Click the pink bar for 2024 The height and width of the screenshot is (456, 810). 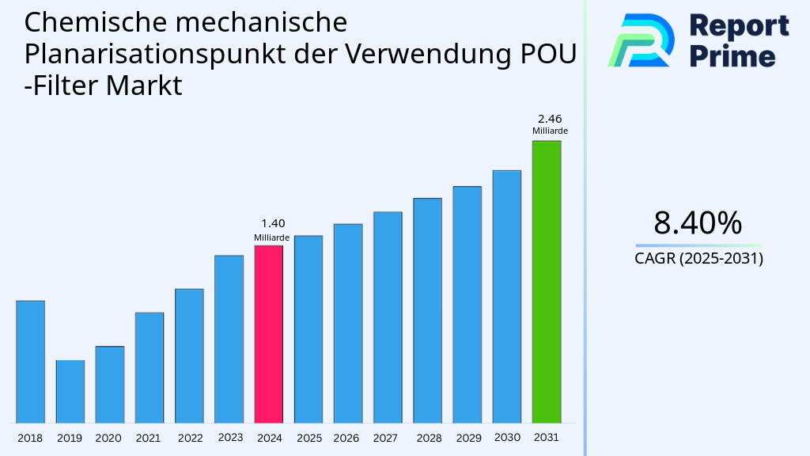click(268, 334)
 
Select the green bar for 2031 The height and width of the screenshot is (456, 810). click(546, 282)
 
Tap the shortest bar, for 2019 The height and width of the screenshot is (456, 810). click(70, 392)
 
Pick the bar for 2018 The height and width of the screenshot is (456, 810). click(30, 362)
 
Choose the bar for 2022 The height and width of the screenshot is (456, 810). click(189, 355)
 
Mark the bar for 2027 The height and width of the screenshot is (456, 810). click(388, 317)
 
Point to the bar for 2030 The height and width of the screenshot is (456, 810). click(506, 297)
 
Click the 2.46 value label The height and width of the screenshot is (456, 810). click(549, 119)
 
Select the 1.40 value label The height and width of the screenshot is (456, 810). click(272, 223)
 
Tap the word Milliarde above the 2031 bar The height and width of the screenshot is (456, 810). click(549, 131)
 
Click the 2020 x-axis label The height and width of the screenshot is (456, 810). click(108, 438)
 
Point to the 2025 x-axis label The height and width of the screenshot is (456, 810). click(308, 438)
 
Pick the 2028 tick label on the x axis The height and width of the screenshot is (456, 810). click(429, 438)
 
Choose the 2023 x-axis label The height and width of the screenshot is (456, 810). click(229, 437)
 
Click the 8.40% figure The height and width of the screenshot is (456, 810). click(698, 223)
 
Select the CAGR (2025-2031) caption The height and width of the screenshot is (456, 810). click(698, 258)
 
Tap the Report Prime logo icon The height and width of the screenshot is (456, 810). click(641, 40)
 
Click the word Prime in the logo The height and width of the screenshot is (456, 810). click(732, 56)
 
